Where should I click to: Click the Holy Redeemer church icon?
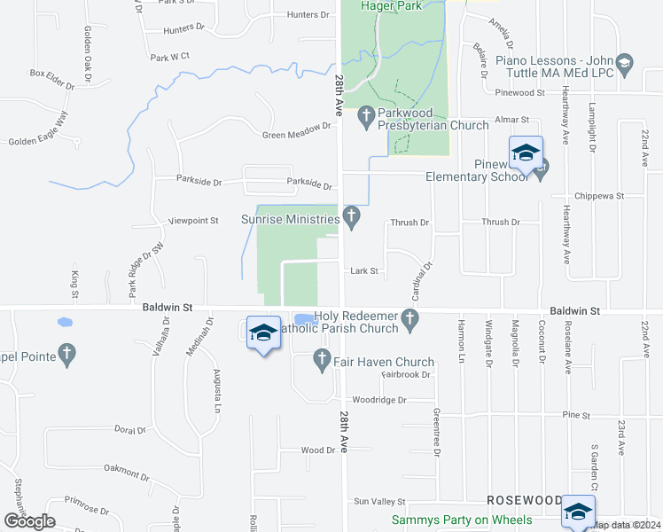tap(409, 317)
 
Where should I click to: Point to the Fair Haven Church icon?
tap(323, 360)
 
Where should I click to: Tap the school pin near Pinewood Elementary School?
tap(526, 152)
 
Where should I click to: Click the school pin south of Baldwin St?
tap(263, 332)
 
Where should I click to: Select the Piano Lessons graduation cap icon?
tap(625, 62)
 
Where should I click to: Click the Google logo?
tap(29, 521)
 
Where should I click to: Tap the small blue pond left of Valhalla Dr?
tap(64, 321)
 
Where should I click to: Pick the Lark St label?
tap(364, 271)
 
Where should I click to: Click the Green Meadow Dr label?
tap(296, 136)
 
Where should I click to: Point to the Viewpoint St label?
tap(193, 220)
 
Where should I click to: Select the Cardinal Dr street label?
tap(420, 278)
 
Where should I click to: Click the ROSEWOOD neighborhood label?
tap(523, 500)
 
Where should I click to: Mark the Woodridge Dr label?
tap(378, 400)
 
